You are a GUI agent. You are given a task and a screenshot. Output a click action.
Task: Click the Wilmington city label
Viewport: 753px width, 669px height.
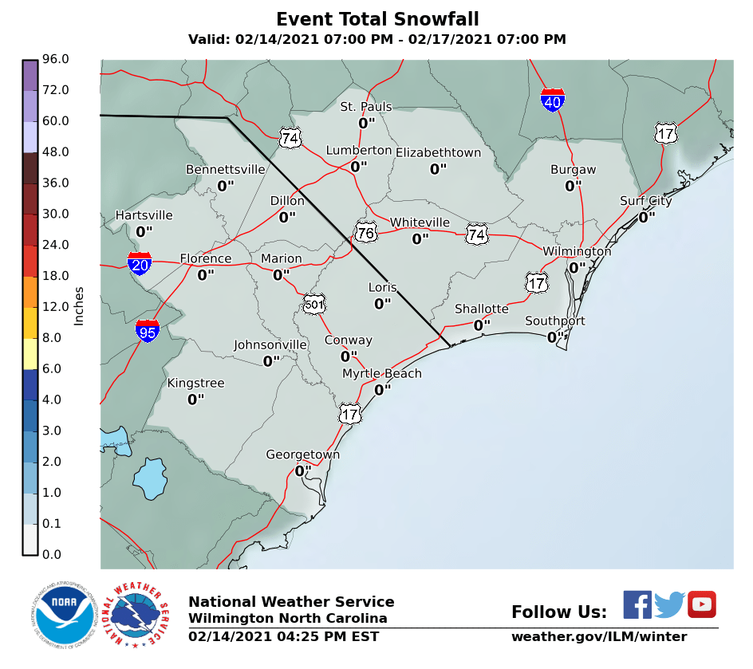[577, 251]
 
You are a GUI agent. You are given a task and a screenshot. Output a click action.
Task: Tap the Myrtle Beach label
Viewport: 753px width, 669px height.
[382, 373]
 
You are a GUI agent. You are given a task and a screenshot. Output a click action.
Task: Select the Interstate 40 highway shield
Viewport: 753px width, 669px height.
[553, 100]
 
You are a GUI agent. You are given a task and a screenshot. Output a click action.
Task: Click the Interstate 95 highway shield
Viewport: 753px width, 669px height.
[148, 331]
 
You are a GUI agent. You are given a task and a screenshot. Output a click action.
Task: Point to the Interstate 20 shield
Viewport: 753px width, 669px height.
[140, 263]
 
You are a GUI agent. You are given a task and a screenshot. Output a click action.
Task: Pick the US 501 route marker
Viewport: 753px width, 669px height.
[314, 304]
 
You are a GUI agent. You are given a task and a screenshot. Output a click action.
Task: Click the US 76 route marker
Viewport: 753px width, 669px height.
[366, 232]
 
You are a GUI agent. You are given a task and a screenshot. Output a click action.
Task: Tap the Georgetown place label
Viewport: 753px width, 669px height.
[302, 455]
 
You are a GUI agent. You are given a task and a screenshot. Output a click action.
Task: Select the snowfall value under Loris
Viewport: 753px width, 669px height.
[383, 304]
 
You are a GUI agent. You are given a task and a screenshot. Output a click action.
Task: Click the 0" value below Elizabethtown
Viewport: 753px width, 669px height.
[438, 169]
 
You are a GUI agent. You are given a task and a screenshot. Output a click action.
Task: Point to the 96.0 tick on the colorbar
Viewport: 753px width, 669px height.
[56, 59]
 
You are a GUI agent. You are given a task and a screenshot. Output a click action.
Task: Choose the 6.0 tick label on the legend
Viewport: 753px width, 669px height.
[56, 368]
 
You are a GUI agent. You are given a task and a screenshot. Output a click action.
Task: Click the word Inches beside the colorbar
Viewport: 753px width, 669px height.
[79, 306]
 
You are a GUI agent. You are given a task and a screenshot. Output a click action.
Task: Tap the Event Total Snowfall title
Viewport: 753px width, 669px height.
[377, 19]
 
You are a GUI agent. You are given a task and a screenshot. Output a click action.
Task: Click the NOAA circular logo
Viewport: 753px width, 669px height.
[60, 614]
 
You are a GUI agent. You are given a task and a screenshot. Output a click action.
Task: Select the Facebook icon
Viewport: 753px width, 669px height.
[637, 604]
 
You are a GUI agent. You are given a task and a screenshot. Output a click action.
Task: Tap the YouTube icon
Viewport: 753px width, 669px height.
[702, 604]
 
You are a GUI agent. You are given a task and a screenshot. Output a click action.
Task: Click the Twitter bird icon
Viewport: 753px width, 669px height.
[670, 604]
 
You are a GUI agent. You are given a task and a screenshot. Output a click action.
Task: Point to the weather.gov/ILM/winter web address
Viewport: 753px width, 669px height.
[598, 636]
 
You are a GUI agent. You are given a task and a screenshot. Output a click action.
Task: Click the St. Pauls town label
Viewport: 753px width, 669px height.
[366, 107]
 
